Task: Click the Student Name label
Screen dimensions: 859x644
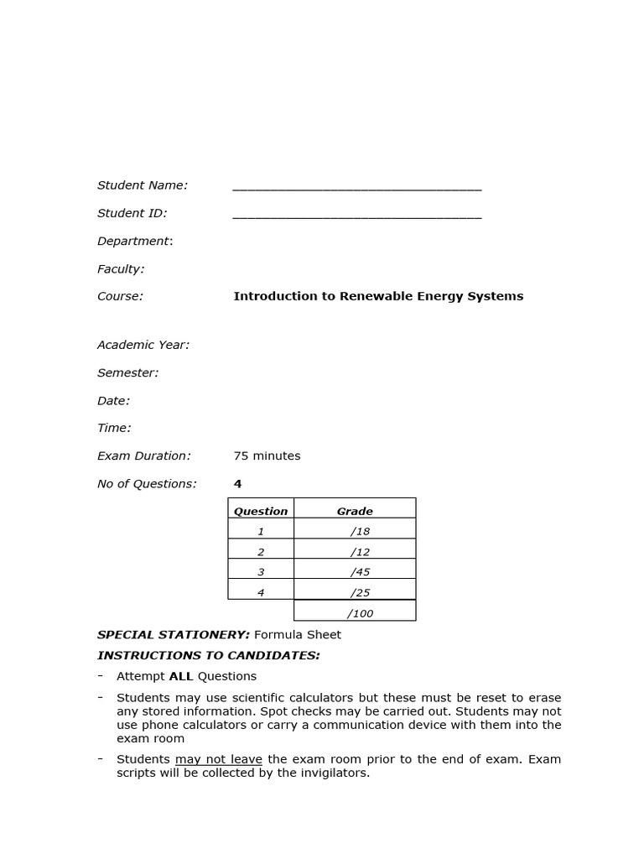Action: tap(142, 185)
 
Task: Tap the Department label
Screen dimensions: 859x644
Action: tap(135, 242)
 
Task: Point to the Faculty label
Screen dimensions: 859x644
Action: tap(121, 269)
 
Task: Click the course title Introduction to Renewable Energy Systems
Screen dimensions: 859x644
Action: tap(378, 296)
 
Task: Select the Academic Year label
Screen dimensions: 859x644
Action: tap(143, 345)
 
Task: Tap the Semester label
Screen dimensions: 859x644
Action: tap(127, 372)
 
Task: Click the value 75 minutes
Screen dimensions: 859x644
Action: tap(267, 456)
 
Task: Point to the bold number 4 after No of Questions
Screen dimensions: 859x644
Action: tap(237, 484)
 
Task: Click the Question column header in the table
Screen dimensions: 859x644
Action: tap(260, 511)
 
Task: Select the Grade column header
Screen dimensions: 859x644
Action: tap(355, 511)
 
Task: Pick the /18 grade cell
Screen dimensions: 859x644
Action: tap(360, 531)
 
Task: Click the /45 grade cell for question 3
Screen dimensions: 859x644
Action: tap(360, 572)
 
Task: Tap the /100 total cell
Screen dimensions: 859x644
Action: tap(360, 613)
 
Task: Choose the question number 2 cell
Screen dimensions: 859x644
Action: tap(260, 552)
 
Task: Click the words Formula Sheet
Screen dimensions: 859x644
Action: tap(298, 635)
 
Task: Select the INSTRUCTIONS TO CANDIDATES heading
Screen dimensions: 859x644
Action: tap(209, 655)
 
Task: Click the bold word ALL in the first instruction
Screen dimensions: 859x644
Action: tap(181, 676)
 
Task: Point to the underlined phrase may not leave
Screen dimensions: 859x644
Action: tap(218, 759)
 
